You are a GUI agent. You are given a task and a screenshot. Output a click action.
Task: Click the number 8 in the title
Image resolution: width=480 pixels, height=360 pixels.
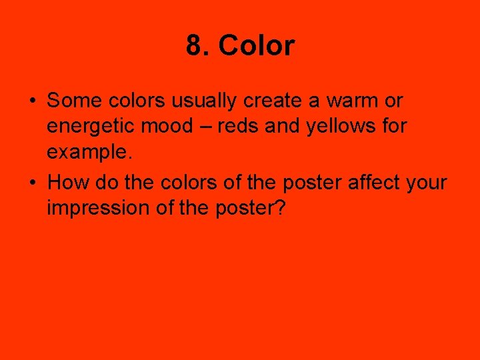194,47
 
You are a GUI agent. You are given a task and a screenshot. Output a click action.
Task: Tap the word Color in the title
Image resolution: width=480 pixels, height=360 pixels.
256,47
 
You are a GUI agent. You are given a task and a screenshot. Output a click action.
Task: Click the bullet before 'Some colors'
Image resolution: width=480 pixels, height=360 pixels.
32,101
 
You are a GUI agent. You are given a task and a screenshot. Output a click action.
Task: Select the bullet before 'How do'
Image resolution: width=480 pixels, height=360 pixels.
32,182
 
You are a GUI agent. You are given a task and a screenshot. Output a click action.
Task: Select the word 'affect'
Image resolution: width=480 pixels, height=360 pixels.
371,181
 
